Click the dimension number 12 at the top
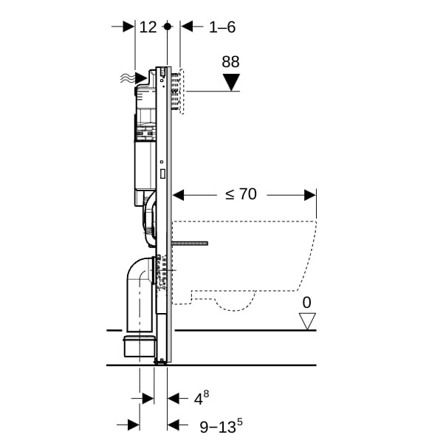148,27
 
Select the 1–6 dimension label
222,27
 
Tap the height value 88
230,62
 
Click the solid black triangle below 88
231,82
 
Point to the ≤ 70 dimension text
241,194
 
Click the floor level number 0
307,302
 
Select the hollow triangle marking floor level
307,321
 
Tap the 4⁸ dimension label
202,397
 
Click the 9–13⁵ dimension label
221,426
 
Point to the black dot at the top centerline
168,27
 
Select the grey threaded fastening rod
190,244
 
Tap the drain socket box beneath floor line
140,346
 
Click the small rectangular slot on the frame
162,174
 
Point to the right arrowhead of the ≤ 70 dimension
310,195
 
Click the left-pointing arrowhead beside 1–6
187,27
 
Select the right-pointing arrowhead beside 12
128,27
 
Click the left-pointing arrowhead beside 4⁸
174,399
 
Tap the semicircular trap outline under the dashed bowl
235,306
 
